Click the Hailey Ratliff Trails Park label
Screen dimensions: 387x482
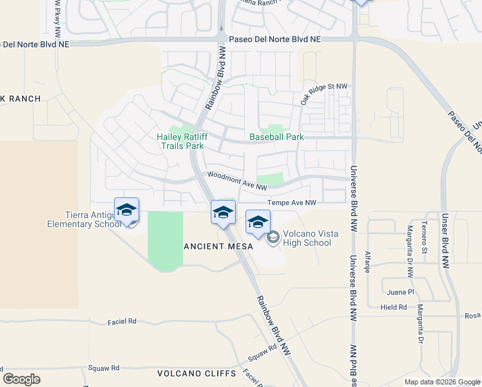coord(180,141)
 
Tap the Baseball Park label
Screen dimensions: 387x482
coord(276,137)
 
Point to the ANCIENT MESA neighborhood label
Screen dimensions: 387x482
coord(215,246)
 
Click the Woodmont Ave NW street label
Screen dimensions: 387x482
coord(236,181)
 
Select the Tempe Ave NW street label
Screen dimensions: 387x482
coord(292,203)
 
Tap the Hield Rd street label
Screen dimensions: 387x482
coord(393,307)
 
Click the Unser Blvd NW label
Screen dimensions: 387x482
coord(445,240)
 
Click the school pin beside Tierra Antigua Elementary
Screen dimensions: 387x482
coord(127,210)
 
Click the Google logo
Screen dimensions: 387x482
coord(21,379)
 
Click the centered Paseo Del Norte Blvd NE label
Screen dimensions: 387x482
coord(275,39)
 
